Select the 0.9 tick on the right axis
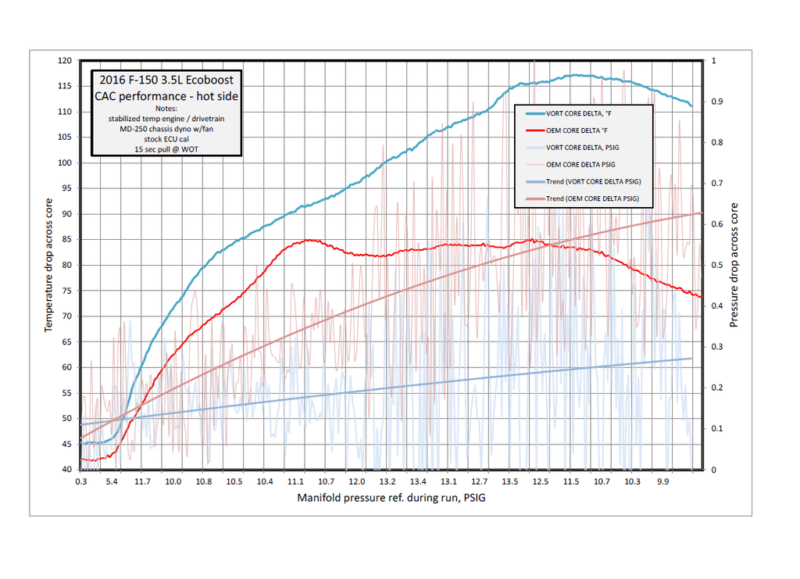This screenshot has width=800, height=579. (x=715, y=102)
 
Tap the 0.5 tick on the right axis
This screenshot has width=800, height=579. (x=715, y=265)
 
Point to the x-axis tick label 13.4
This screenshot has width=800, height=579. (x=419, y=482)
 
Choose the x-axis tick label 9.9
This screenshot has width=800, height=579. (x=663, y=482)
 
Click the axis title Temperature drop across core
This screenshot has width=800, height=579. (x=48, y=265)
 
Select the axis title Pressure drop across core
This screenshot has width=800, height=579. (x=734, y=265)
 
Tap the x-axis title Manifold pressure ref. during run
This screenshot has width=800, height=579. (x=396, y=498)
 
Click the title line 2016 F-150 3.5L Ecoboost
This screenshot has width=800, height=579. (x=166, y=80)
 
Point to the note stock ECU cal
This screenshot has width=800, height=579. (x=166, y=138)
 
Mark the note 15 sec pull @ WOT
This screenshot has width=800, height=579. (x=166, y=148)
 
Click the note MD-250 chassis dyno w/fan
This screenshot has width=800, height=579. (x=166, y=127)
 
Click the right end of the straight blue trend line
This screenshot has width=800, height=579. (x=692, y=359)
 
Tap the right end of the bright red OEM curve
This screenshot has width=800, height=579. (x=701, y=296)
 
